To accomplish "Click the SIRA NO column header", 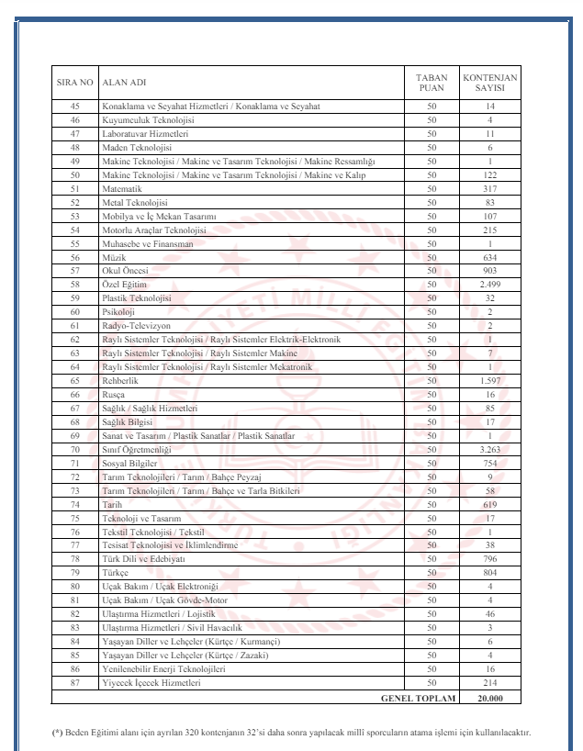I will coord(73,84).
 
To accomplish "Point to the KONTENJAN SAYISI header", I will coord(490,84).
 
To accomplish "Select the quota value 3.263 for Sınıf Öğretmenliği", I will coord(490,450).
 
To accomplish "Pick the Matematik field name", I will coord(121,191).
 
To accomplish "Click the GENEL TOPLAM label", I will coord(418,699).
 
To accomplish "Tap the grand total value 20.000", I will coord(490,699).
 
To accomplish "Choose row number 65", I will coord(74,382).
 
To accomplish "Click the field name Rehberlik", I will coord(120,382).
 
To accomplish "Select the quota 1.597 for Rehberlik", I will coord(490,382).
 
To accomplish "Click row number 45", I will coord(74,107).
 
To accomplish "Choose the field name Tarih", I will coord(112,505).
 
